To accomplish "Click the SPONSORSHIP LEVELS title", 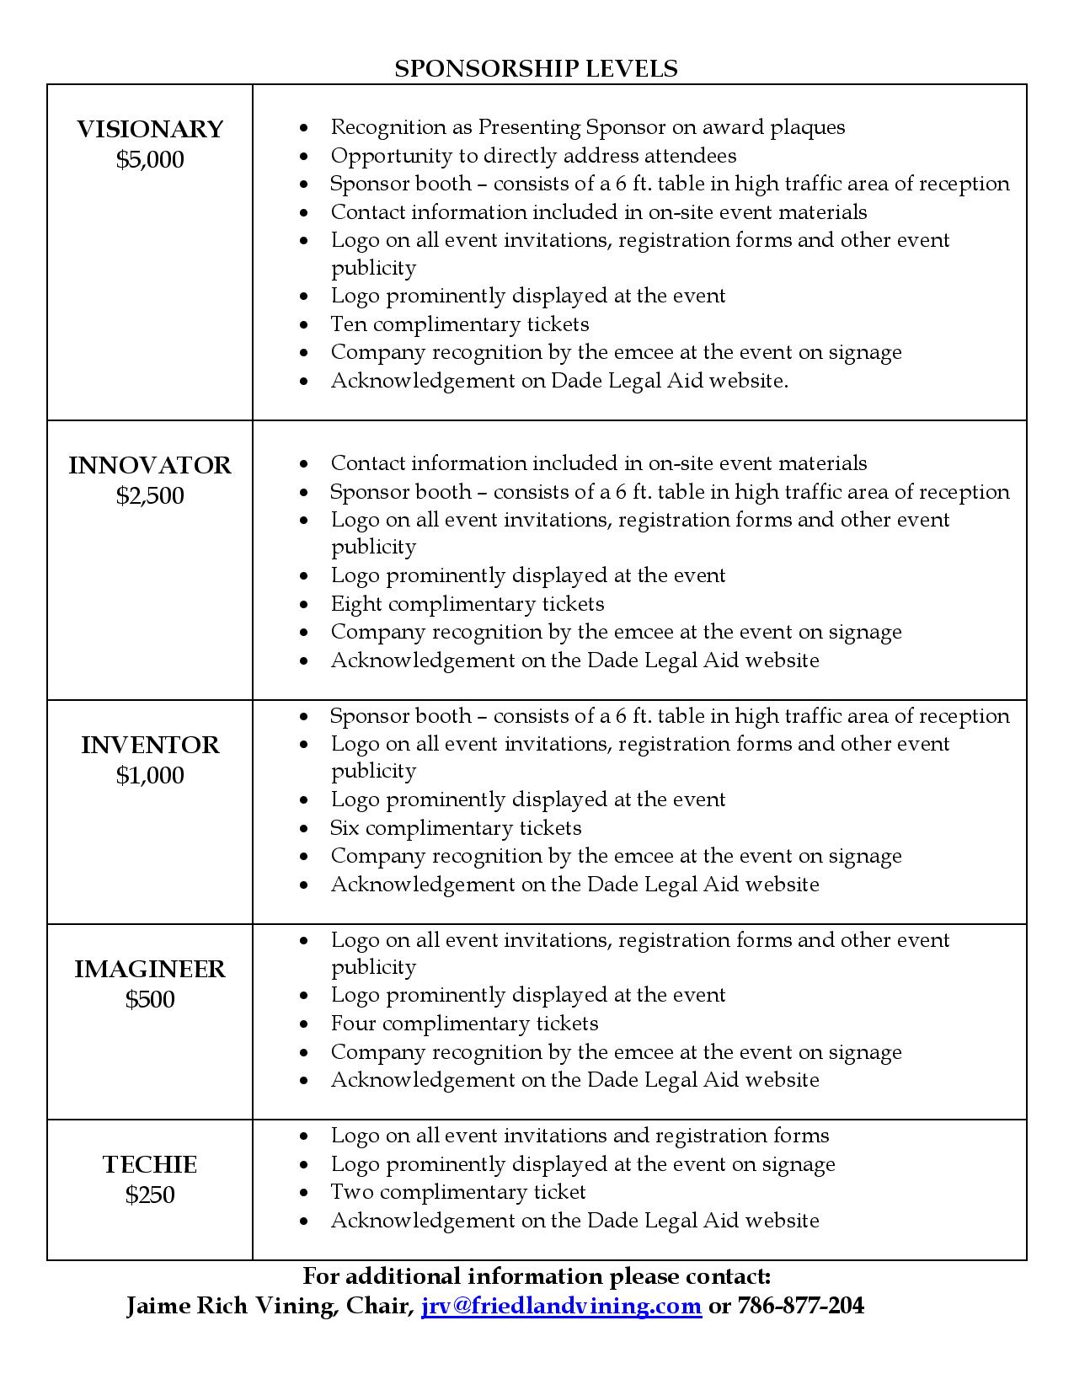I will tap(536, 68).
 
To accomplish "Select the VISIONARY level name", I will tap(150, 130).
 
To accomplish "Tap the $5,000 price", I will tap(150, 160).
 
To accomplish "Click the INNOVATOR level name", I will tap(150, 466).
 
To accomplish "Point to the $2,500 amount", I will tap(150, 495).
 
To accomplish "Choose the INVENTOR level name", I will tap(150, 746).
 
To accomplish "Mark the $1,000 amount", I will tap(150, 775).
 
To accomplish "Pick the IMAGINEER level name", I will tap(150, 970).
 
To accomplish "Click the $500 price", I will tap(150, 999).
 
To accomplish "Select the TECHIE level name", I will tap(150, 1165).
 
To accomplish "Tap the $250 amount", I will tap(150, 1195).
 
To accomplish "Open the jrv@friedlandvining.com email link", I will tap(561, 1306).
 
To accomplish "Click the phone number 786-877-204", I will tap(800, 1306).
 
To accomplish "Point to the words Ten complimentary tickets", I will tap(459, 324).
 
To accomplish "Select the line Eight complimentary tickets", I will tap(467, 604).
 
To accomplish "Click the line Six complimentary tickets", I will tap(456, 828).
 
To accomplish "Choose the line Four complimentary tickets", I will tap(464, 1024).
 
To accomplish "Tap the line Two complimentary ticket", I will tap(457, 1192).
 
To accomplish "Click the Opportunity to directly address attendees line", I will tap(533, 156).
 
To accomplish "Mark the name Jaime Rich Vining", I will tap(225, 1306).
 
